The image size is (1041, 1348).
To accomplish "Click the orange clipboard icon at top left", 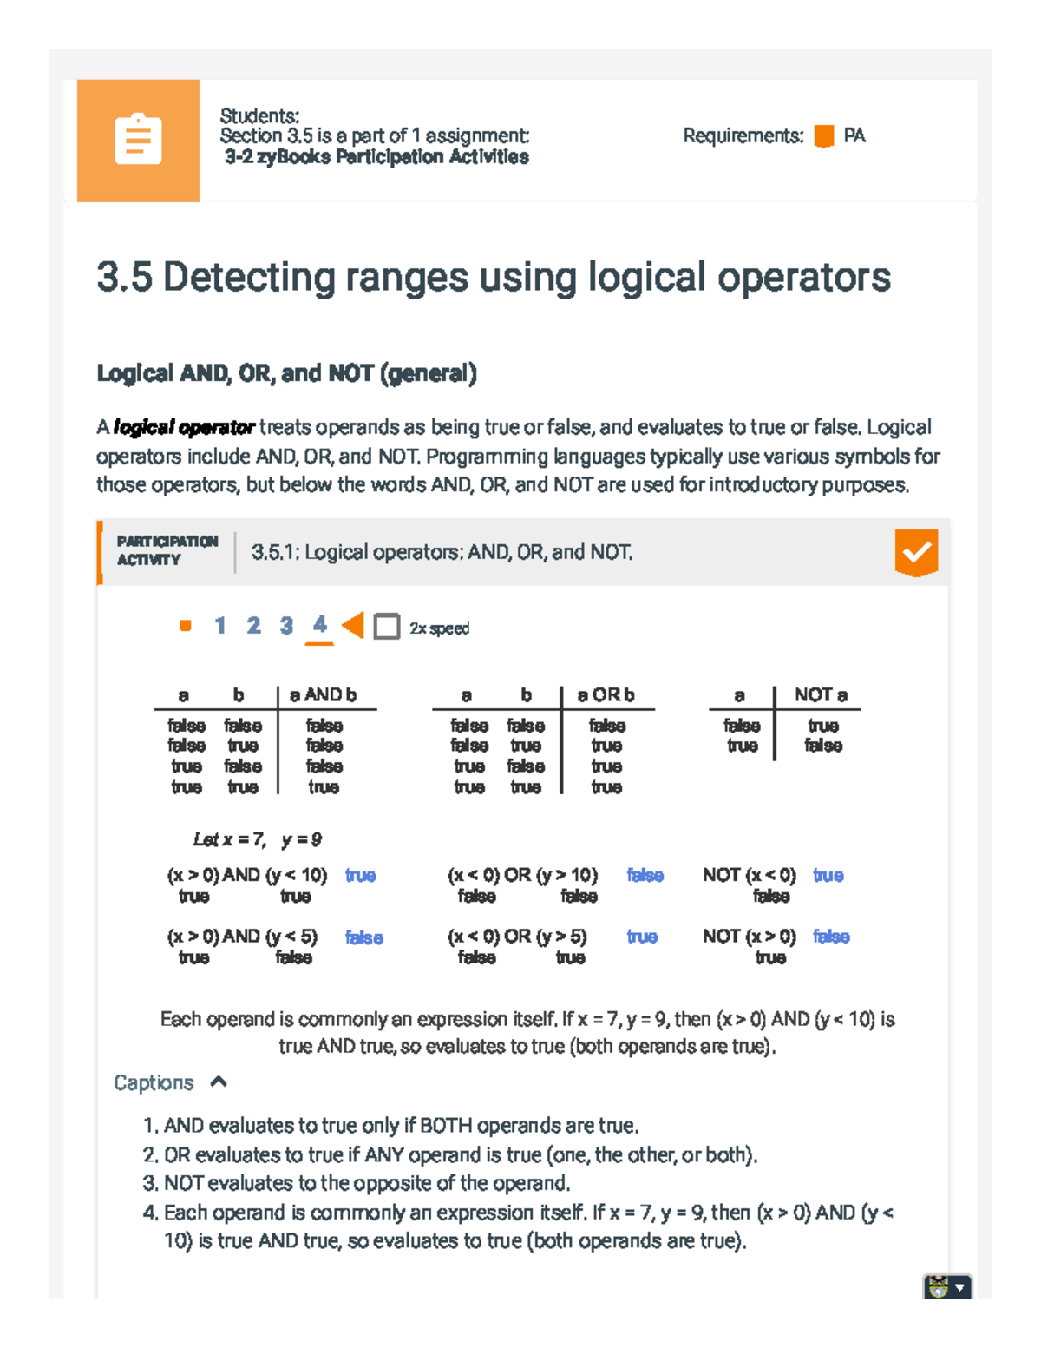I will tap(138, 139).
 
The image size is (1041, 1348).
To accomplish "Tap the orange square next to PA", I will tap(824, 136).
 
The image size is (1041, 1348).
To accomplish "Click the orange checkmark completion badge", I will tap(916, 553).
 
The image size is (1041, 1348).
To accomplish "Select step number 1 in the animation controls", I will tap(220, 626).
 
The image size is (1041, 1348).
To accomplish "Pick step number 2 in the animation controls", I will tap(253, 626).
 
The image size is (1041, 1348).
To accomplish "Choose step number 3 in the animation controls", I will tap(286, 626).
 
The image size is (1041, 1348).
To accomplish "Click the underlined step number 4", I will tap(320, 625).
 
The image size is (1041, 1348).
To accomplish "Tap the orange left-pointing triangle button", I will tap(353, 625).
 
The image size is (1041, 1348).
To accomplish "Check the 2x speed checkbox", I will tap(387, 627).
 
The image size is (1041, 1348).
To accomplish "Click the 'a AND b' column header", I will tap(323, 695).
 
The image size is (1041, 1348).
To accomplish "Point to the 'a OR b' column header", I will tap(606, 695).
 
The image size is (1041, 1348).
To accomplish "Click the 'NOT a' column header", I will tap(821, 695).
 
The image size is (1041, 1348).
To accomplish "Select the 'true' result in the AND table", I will tap(324, 787).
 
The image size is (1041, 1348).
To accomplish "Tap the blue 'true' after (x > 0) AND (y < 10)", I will tap(360, 875).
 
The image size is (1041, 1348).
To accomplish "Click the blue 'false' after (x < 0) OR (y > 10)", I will tap(645, 875).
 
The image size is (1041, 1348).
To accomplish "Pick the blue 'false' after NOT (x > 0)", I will tap(831, 937).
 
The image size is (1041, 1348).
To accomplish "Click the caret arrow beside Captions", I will tap(219, 1082).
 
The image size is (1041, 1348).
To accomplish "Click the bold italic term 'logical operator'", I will tap(184, 427).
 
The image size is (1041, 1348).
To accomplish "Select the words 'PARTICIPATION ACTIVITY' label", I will tap(167, 550).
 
